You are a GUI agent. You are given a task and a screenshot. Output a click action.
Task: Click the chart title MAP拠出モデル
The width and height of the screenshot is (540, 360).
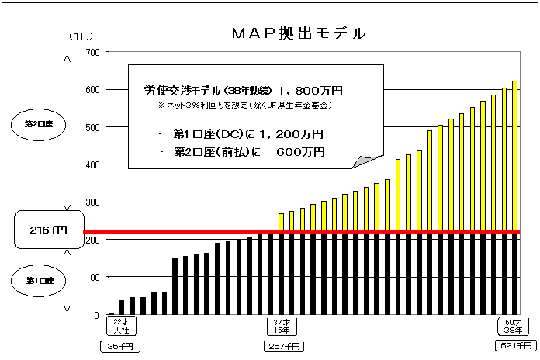(x=299, y=33)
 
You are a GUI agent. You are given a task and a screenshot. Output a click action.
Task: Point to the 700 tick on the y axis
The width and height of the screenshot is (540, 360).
(x=92, y=52)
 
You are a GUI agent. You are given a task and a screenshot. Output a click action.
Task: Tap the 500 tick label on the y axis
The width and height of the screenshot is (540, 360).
(x=92, y=127)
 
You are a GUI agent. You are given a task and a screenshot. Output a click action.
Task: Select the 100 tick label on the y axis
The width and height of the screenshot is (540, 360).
(x=92, y=278)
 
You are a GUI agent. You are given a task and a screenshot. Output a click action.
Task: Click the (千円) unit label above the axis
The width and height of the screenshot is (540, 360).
(x=81, y=36)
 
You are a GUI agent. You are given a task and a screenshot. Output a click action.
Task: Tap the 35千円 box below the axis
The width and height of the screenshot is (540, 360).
(x=115, y=345)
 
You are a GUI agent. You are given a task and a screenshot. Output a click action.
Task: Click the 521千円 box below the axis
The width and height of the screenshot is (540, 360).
(x=512, y=345)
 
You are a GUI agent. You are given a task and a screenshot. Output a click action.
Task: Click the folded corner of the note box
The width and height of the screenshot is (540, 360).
(x=361, y=161)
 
